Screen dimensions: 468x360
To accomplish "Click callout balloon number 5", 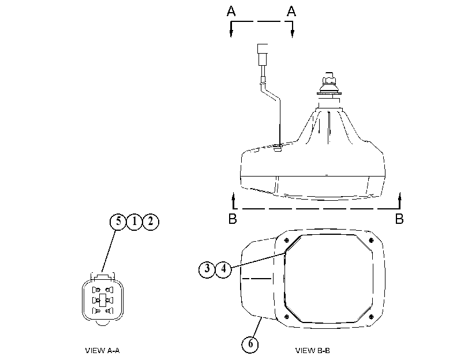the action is pyautogui.click(x=118, y=222).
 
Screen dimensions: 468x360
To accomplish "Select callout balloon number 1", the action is pyautogui.click(x=134, y=222).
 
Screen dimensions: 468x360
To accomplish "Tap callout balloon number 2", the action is pyautogui.click(x=151, y=222).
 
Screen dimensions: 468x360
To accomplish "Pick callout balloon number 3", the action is pyautogui.click(x=207, y=269).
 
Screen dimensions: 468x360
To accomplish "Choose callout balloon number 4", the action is pyautogui.click(x=223, y=269).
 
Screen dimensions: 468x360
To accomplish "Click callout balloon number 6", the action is pyautogui.click(x=250, y=344).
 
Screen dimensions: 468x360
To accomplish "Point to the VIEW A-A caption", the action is pyautogui.click(x=102, y=350).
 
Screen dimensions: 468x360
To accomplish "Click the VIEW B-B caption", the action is pyautogui.click(x=313, y=350).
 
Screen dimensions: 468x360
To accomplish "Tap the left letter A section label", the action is pyautogui.click(x=231, y=11).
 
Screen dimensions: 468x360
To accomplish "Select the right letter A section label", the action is pyautogui.click(x=291, y=11).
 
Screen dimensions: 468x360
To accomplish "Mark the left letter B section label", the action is pyautogui.click(x=233, y=219).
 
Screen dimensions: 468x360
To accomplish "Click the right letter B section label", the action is pyautogui.click(x=399, y=219).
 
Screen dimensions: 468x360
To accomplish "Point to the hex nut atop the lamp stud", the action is pyautogui.click(x=329, y=80).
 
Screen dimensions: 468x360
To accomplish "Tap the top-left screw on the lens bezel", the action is pyautogui.click(x=287, y=240).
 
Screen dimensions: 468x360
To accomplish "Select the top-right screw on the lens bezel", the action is pyautogui.click(x=371, y=241).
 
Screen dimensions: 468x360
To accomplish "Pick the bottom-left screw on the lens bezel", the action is pyautogui.click(x=287, y=316).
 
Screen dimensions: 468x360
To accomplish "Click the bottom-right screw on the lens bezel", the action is pyautogui.click(x=371, y=317).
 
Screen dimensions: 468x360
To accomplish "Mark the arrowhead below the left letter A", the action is pyautogui.click(x=231, y=33).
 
